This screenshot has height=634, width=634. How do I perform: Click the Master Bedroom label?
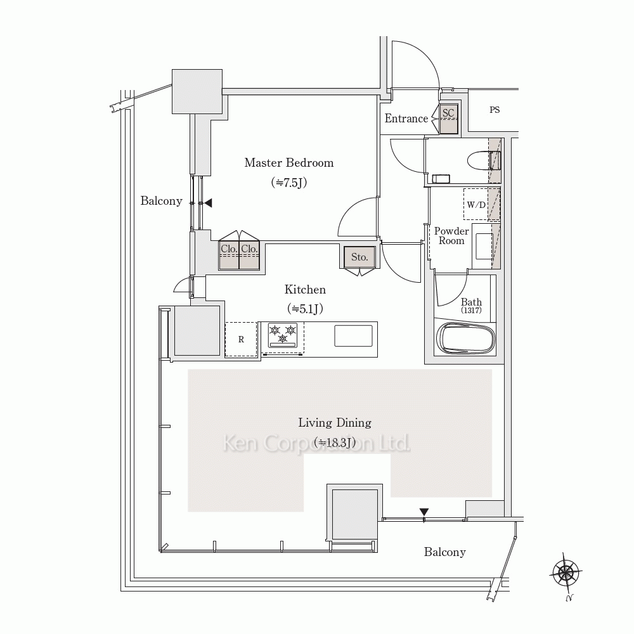coord(288,163)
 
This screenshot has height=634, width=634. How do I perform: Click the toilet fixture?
coord(484,160)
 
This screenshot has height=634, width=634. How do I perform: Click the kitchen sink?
coord(353,335)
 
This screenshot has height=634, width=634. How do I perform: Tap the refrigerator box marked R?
coord(241,339)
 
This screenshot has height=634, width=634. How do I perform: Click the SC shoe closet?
coord(449,118)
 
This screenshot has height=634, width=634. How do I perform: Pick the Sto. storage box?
coord(359,257)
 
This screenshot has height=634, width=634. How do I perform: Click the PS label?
coord(495,110)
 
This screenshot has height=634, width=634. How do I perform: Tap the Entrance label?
coord(406,119)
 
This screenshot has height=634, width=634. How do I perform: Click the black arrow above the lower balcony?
coord(424,512)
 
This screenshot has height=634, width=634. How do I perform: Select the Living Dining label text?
coord(335,423)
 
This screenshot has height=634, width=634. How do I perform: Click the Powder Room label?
coord(451,236)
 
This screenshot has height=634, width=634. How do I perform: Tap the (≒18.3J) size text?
coord(335,442)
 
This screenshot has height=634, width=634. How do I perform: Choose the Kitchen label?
coord(305,290)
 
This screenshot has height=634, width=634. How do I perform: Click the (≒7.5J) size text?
coord(289,183)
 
